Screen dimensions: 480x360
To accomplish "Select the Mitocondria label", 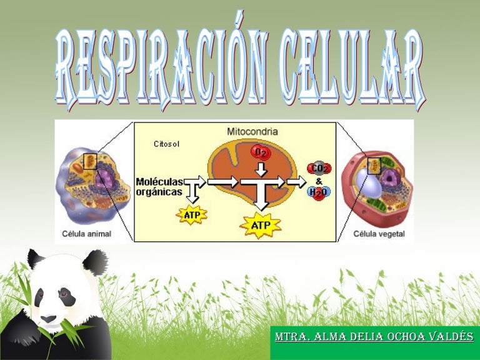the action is point(252,132).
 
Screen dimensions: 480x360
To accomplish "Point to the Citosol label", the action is point(166,144).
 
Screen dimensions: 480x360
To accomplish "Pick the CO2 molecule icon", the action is point(319,168).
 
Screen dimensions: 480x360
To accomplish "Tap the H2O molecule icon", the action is point(319,192).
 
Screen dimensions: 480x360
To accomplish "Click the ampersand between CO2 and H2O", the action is point(319,181).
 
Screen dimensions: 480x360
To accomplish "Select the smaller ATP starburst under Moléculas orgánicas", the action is point(192,215).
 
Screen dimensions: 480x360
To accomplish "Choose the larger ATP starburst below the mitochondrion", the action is point(261,226).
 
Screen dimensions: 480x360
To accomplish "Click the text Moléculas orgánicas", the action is point(159,187).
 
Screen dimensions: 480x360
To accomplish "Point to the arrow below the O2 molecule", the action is point(261,169).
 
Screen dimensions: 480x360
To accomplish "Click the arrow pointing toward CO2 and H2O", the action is point(296,182).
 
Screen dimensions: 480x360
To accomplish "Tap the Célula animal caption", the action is point(87,234).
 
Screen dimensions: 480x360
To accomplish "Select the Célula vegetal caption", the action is point(379,234).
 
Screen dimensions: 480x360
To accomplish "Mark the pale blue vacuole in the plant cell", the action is point(369,183).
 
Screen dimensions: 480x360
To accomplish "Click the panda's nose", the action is point(48,319).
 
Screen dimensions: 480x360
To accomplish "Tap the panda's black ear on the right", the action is point(95,261).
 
